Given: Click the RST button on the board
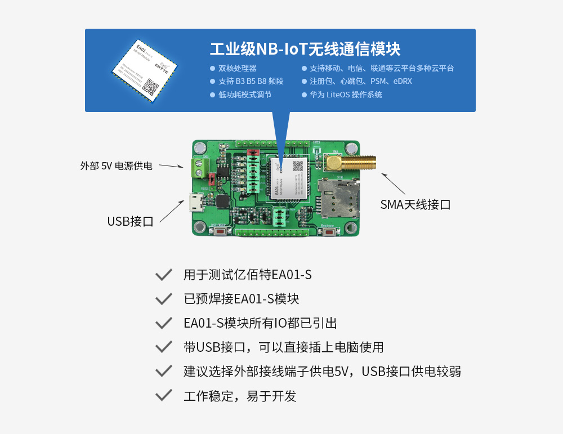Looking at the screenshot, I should pyautogui.click(x=220, y=231).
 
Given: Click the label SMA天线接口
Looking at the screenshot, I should pyautogui.click(x=415, y=205).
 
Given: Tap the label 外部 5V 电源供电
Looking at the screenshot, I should pyautogui.click(x=116, y=166).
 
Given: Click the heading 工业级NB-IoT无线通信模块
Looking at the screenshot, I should pyautogui.click(x=305, y=48).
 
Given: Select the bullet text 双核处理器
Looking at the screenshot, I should pyautogui.click(x=237, y=68).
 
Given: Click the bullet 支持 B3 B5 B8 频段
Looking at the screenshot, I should pyautogui.click(x=251, y=81).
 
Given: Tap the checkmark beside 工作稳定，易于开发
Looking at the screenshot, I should pyautogui.click(x=163, y=395).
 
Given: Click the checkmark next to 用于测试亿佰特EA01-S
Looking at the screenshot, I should pyautogui.click(x=163, y=275).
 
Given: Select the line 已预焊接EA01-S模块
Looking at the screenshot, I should pyautogui.click(x=241, y=299).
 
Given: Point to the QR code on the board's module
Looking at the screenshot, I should pyautogui.click(x=298, y=166).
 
